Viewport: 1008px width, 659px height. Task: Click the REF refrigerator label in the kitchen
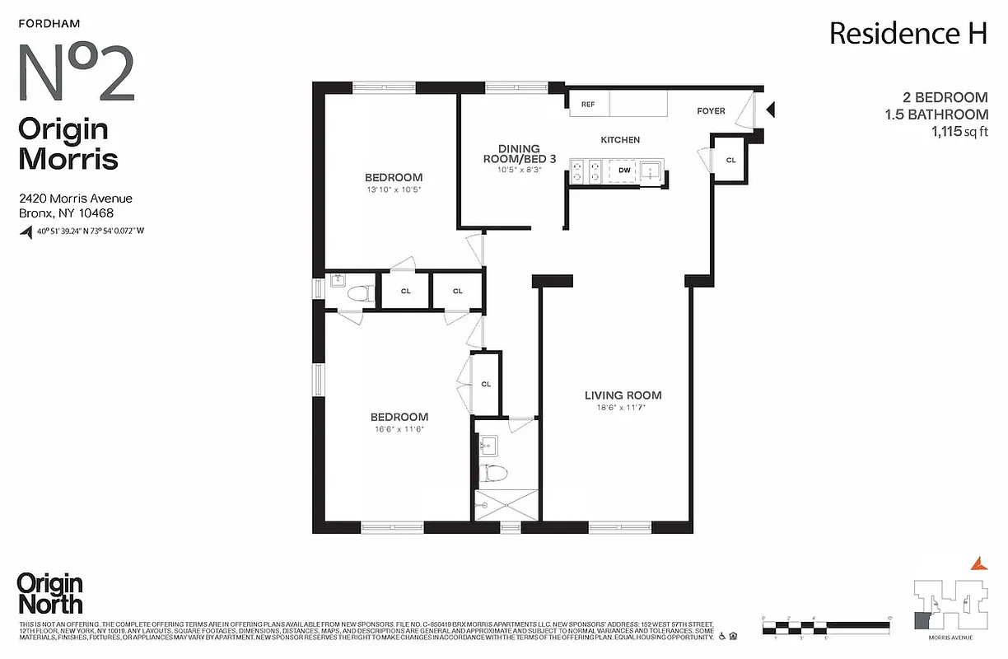[588, 105]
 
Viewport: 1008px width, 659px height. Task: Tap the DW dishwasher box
[625, 171]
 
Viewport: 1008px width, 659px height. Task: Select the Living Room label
[623, 395]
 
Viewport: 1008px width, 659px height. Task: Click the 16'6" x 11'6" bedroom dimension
[399, 429]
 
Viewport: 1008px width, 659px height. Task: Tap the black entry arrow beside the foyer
[771, 109]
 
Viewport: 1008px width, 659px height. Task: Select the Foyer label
[711, 110]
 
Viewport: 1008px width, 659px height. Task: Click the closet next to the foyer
[730, 160]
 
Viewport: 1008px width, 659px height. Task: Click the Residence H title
[908, 34]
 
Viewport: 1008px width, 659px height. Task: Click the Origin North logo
[49, 593]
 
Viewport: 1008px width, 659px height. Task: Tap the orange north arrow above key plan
[978, 563]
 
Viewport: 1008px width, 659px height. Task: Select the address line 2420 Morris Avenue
[75, 199]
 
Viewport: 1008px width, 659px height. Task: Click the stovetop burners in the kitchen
[587, 171]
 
